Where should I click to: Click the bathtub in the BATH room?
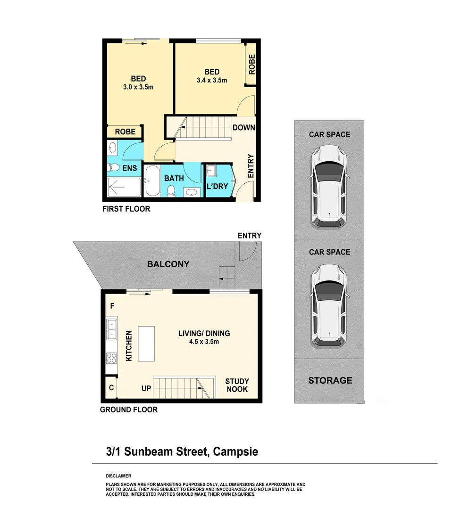(152, 181)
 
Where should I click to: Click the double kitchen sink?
(112, 329)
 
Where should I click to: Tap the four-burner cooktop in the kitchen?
(112, 358)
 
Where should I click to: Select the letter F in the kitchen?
(112, 306)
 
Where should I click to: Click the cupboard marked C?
(111, 388)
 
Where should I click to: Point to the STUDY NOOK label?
(237, 385)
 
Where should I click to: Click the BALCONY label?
(168, 264)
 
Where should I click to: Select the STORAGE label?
(330, 380)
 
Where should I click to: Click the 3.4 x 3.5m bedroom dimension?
(212, 80)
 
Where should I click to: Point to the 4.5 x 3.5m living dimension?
(204, 342)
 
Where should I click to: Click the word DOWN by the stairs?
(243, 128)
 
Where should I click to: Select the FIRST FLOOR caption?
(126, 209)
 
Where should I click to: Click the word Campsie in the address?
(235, 452)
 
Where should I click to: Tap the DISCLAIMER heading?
(118, 476)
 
